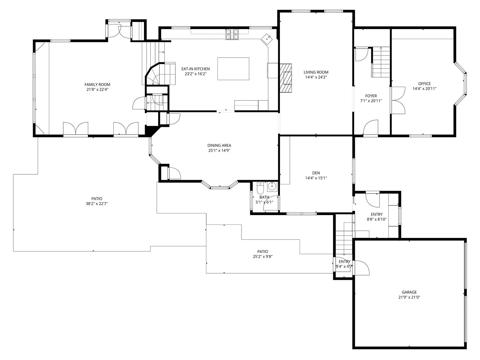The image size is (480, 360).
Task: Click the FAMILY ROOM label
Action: [x=97, y=84]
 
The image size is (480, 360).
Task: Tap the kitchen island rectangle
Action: [x=233, y=69]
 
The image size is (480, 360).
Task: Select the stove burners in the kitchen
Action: [x=232, y=34]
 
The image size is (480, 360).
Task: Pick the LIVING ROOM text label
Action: [x=316, y=72]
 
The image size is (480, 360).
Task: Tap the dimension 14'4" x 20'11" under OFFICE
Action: [x=424, y=89]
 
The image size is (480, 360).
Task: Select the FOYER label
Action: [x=371, y=96]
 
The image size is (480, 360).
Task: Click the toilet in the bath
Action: [x=260, y=188]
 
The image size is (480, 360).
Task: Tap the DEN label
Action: [x=316, y=173]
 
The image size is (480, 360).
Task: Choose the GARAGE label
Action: [x=409, y=292]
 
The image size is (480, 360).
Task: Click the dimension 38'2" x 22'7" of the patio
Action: [x=97, y=204]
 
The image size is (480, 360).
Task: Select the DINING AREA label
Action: [x=219, y=145]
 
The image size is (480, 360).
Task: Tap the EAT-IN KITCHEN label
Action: [x=196, y=69]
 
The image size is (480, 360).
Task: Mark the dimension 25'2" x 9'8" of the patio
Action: [x=262, y=256]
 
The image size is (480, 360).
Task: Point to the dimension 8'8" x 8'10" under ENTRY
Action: [x=376, y=219]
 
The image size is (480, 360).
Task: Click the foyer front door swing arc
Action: [x=370, y=127]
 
